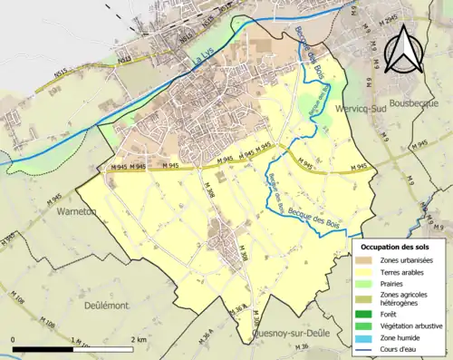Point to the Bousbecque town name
click(417, 104)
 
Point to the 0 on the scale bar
click(14, 340)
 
